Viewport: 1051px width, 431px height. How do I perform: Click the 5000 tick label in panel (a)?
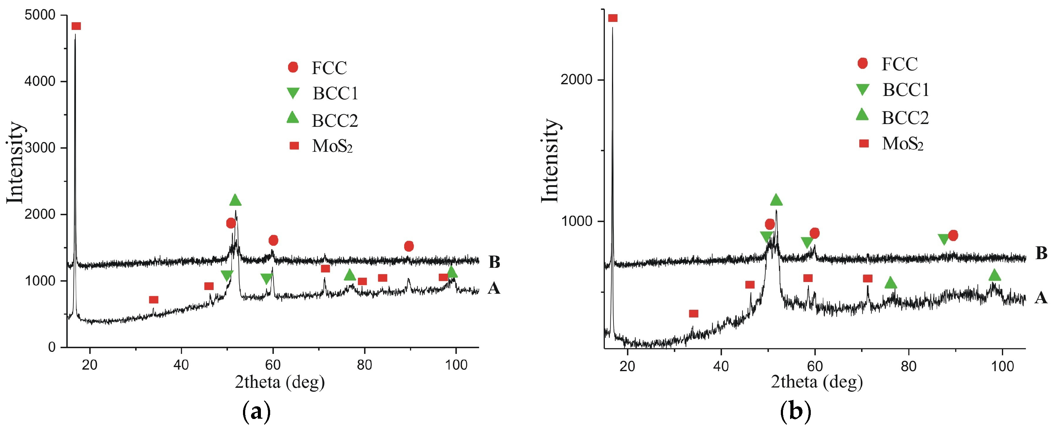click(40, 15)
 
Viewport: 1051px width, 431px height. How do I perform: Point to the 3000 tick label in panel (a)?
click(40, 148)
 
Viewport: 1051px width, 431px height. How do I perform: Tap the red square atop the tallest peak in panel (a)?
click(76, 26)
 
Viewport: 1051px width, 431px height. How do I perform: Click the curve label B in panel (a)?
click(494, 262)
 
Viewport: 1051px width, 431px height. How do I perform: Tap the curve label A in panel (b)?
click(1041, 298)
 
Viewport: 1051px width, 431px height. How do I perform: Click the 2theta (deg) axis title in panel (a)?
click(279, 382)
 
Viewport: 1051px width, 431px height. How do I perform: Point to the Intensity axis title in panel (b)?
click(551, 161)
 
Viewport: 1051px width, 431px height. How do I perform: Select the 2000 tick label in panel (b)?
click(576, 80)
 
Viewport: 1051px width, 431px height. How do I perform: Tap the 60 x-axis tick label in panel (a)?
click(273, 365)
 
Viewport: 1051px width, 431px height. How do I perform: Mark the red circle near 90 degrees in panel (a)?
click(409, 246)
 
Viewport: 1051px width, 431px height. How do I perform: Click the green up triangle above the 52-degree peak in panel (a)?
click(235, 200)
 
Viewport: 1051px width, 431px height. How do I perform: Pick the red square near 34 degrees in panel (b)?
click(693, 313)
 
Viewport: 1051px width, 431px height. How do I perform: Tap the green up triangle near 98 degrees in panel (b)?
click(995, 276)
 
